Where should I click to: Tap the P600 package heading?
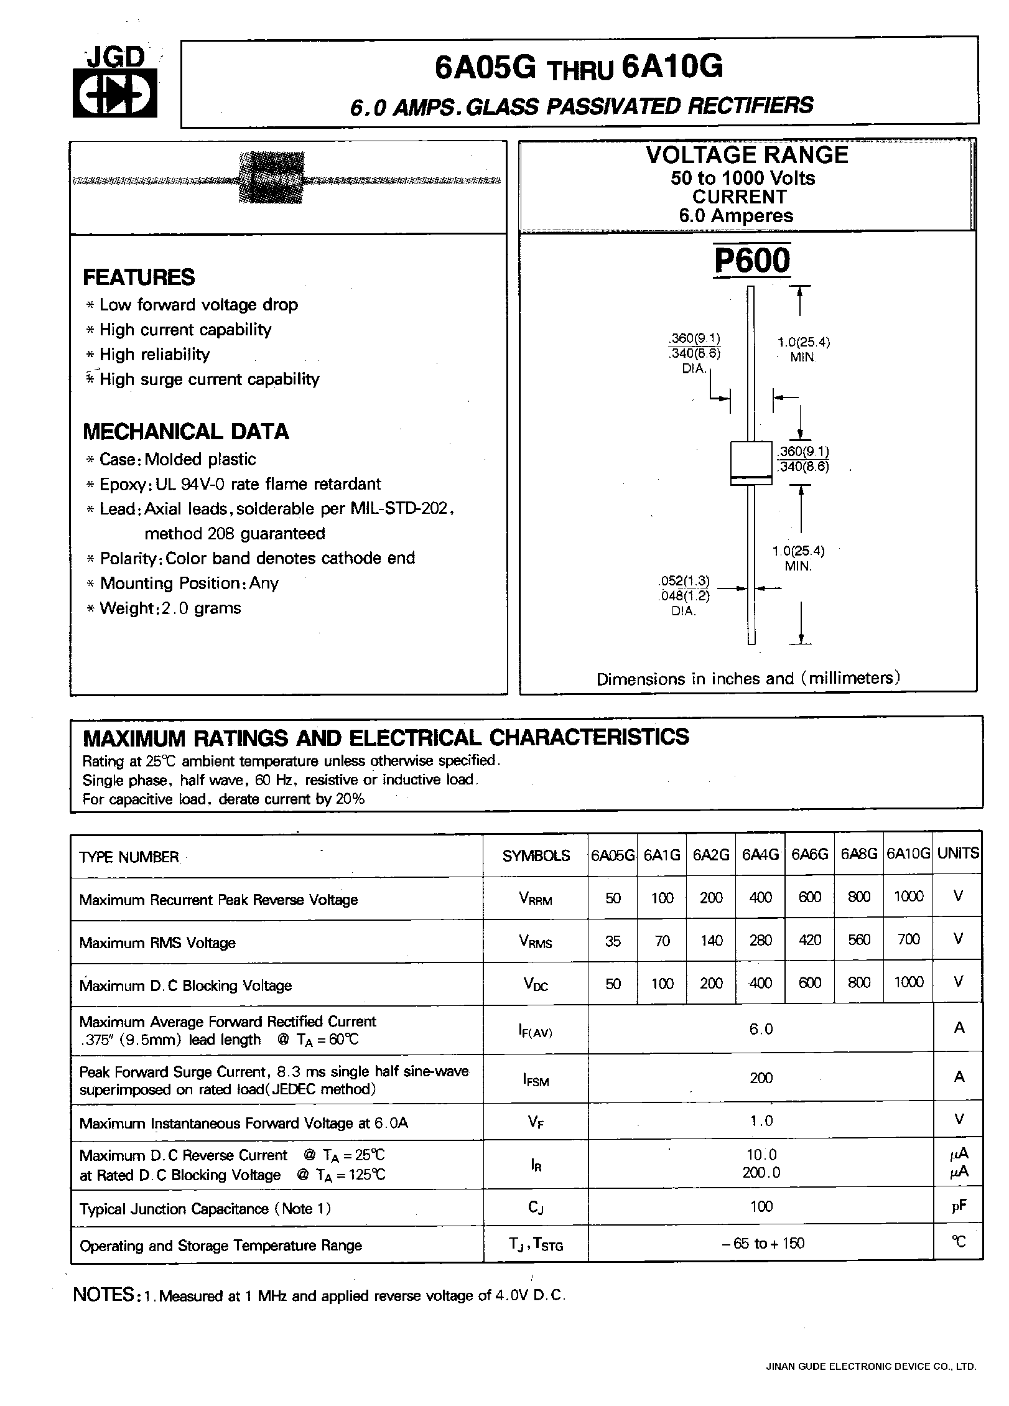752,261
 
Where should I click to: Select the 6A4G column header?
760,855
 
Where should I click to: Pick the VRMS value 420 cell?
809,940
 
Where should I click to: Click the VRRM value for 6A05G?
613,898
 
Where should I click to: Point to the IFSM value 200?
761,1078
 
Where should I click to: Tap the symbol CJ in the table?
536,1208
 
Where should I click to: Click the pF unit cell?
958,1206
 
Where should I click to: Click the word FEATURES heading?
139,277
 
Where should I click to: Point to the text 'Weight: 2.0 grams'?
170,608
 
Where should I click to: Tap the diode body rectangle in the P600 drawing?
751,463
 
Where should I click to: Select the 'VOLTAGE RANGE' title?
747,155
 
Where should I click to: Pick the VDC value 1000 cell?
908,982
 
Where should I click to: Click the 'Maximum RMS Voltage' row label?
157,943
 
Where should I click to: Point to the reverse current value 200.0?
761,1172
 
